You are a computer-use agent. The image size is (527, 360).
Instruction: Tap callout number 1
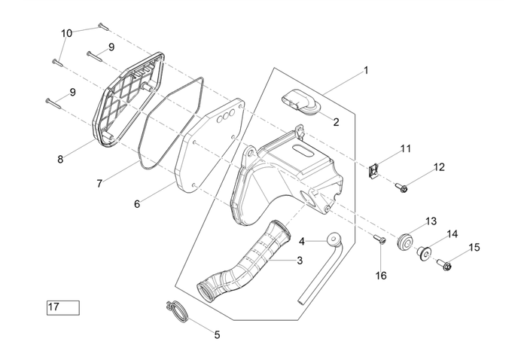coord(366,71)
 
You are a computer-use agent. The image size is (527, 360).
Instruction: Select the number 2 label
coord(336,122)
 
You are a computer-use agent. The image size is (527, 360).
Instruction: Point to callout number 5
coord(218,334)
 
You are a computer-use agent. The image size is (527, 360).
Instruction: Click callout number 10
coord(67,33)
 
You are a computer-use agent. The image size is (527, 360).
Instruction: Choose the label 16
coord(381,276)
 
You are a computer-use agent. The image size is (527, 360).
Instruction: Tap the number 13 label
coord(431,221)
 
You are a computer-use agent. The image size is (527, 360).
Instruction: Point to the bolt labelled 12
coord(402,186)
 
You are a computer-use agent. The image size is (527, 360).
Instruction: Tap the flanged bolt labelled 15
coord(443,264)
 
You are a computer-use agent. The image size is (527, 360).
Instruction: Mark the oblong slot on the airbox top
coord(305,153)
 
